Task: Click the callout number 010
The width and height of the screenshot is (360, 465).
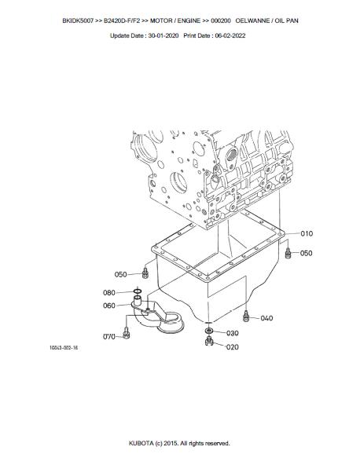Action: [x=307, y=234]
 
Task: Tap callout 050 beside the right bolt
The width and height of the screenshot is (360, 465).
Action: [x=306, y=253]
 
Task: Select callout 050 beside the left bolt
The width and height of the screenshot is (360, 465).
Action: [x=120, y=274]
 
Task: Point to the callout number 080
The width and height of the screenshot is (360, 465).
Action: [x=109, y=293]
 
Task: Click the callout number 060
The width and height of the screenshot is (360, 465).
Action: [x=109, y=306]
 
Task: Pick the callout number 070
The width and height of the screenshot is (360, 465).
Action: [x=109, y=337]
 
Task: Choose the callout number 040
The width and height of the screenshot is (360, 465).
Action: [x=266, y=318]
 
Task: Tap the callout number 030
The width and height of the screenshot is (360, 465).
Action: [x=233, y=333]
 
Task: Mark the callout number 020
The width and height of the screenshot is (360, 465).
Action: [x=232, y=347]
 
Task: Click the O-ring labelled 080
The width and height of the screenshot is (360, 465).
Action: [x=138, y=291]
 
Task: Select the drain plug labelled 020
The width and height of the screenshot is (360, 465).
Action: [x=209, y=342]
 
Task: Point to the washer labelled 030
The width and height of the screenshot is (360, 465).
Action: [x=208, y=331]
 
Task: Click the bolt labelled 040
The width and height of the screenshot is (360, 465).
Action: [x=245, y=316]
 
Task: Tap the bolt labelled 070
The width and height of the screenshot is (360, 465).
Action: [x=126, y=333]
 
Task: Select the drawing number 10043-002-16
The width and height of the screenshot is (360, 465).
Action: [x=64, y=347]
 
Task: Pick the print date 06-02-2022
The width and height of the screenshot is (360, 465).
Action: [x=230, y=35]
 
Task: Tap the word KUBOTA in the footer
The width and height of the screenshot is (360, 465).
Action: [x=141, y=443]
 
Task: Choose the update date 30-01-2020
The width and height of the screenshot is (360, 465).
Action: [x=163, y=35]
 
